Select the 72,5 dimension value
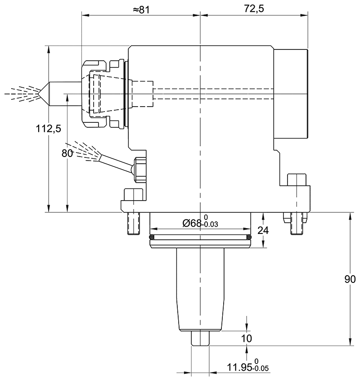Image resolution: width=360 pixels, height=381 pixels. pyautogui.click(x=253, y=9)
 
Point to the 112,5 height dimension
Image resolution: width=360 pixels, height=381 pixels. pyautogui.click(x=48, y=129)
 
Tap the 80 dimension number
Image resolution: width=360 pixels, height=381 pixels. pyautogui.click(x=67, y=153)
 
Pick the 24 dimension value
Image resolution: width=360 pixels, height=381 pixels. pyautogui.click(x=263, y=230)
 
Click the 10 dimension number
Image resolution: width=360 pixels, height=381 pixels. pyautogui.click(x=246, y=338)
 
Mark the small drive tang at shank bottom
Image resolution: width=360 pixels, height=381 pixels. pyautogui.click(x=200, y=338)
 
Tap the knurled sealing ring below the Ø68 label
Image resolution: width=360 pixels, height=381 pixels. pyautogui.click(x=199, y=237)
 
